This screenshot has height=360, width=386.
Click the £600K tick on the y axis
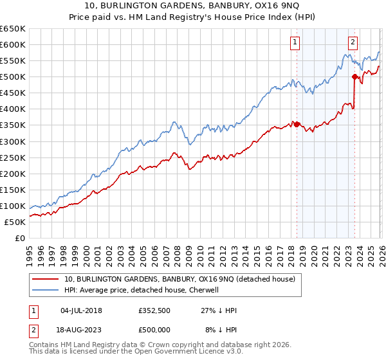tap(12, 44)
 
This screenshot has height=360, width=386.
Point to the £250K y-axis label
tap(12, 157)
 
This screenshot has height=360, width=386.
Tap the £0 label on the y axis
tap(19, 238)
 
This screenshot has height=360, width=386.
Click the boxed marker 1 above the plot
tap(295, 43)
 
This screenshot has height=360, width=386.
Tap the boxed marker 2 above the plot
tap(353, 43)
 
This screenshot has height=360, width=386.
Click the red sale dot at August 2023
tap(354, 76)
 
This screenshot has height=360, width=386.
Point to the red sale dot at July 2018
tap(297, 124)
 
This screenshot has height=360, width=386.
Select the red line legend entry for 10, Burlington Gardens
tap(179, 279)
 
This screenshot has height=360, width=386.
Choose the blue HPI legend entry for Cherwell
tap(142, 290)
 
